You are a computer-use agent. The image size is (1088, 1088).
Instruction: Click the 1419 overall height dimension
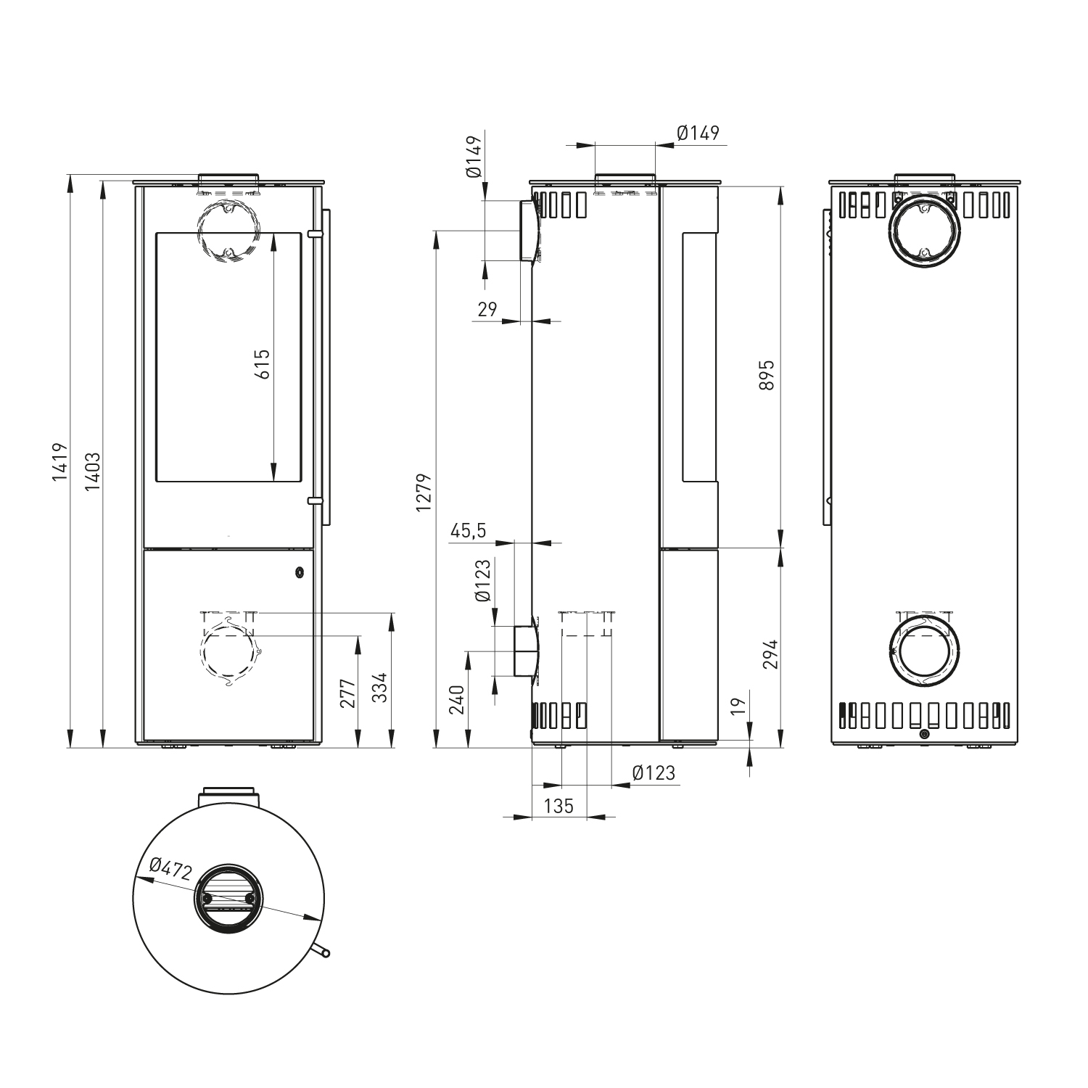pyautogui.click(x=59, y=462)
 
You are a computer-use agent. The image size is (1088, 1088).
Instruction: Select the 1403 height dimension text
pyautogui.click(x=92, y=471)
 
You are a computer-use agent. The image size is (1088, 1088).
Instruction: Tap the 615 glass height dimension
pyautogui.click(x=263, y=363)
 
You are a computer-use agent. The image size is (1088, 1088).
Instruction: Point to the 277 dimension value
pyautogui.click(x=347, y=693)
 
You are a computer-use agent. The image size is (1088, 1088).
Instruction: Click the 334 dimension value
pyautogui.click(x=380, y=688)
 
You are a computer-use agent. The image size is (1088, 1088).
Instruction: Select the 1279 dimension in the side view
pyautogui.click(x=424, y=493)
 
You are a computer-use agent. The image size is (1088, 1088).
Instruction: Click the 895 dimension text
pyautogui.click(x=767, y=375)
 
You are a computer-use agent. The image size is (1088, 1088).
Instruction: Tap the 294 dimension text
pyautogui.click(x=770, y=654)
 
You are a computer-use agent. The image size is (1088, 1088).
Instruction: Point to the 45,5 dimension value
pyautogui.click(x=468, y=531)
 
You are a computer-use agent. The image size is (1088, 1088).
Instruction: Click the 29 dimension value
pyautogui.click(x=487, y=310)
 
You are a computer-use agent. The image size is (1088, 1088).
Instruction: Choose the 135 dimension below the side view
pyautogui.click(x=559, y=806)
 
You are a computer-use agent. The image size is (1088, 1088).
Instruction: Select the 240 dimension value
pyautogui.click(x=457, y=700)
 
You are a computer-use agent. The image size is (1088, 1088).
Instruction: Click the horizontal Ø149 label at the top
pyautogui.click(x=697, y=133)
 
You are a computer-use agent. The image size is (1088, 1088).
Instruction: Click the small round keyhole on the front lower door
pyautogui.click(x=299, y=573)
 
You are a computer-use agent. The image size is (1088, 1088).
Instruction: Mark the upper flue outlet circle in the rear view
pyautogui.click(x=924, y=231)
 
